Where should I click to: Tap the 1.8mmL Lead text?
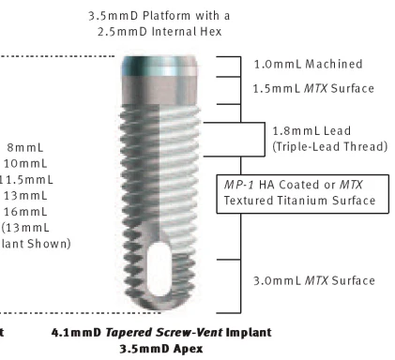[305, 131]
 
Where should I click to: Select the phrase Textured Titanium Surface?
[299, 200]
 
